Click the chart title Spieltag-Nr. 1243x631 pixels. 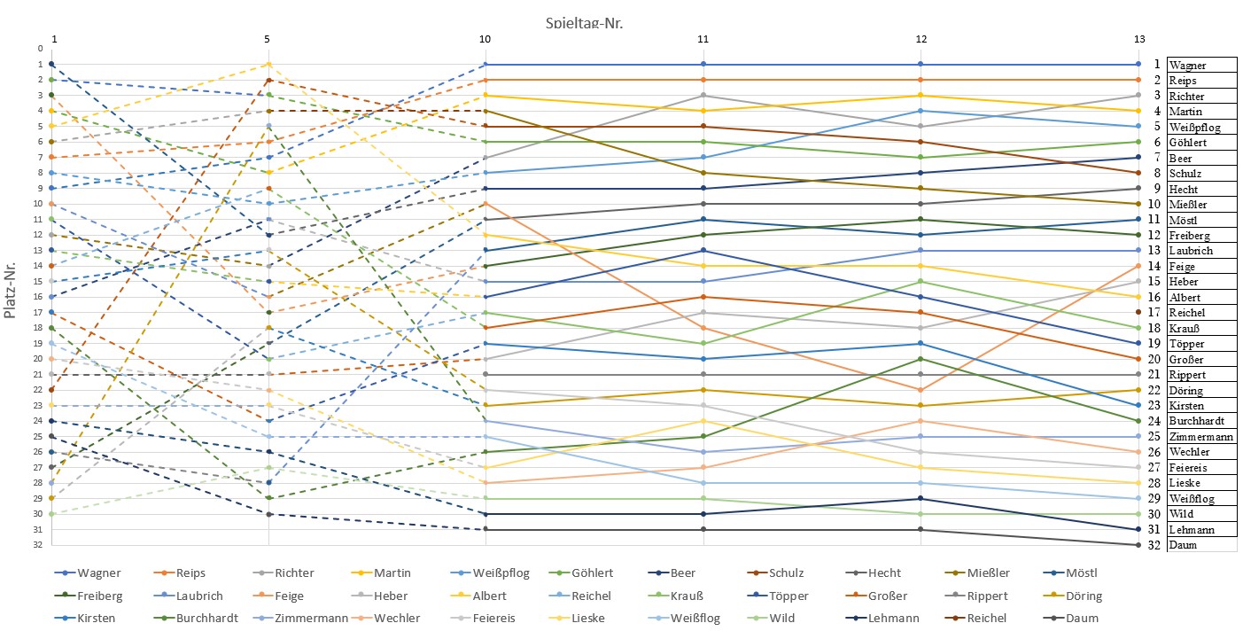coord(585,23)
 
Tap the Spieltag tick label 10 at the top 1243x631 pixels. coord(485,39)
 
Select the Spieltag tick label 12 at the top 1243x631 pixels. coord(921,39)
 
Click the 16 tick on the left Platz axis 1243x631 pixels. coord(40,297)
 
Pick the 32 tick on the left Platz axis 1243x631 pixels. coord(40,545)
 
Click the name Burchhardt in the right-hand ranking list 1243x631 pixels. coord(1200,421)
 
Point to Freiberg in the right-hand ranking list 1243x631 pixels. coord(1193,235)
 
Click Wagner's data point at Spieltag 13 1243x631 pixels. coord(1138,64)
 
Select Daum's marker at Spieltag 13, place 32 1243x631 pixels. coord(1138,545)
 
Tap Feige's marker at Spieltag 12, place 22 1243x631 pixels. coord(921,390)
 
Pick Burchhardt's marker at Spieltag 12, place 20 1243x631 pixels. coord(921,359)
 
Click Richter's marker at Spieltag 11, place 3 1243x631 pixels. coord(703,95)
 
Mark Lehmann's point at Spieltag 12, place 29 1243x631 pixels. coord(921,499)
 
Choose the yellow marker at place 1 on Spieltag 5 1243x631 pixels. coord(268,64)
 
